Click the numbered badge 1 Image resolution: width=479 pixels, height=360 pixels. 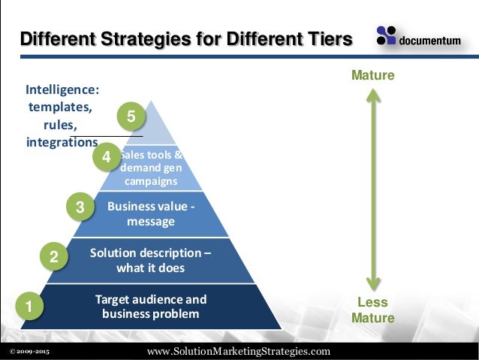tap(29, 307)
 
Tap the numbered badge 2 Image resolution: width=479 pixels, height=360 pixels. tap(53, 257)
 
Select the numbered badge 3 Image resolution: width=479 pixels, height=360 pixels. tap(80, 207)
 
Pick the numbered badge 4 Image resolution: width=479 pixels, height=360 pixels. tap(106, 158)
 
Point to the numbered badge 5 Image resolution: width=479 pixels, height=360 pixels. tap(131, 117)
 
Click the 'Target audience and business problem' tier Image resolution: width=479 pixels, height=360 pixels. tap(151, 307)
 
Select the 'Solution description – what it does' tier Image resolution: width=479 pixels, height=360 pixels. tap(150, 260)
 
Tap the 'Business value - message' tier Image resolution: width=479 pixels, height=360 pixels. tap(151, 214)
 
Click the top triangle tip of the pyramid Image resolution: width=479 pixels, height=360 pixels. tap(153, 105)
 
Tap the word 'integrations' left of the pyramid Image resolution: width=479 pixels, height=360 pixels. tap(62, 142)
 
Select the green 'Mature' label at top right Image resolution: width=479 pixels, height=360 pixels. tap(373, 76)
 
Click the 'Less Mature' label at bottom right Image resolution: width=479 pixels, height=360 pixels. tap(372, 310)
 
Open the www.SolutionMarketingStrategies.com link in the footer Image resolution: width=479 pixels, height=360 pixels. tap(239, 351)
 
